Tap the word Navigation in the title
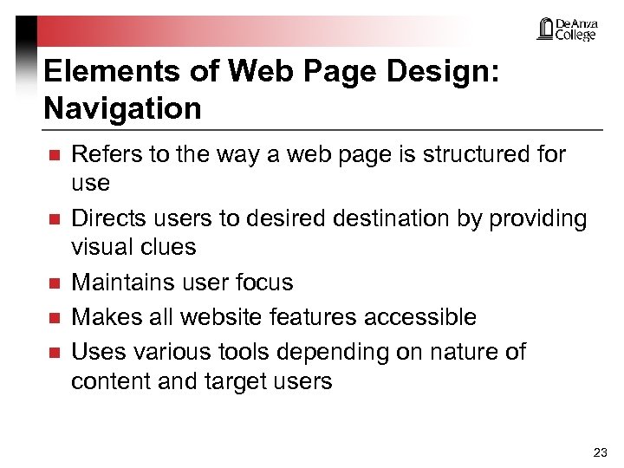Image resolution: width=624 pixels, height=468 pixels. [x=122, y=108]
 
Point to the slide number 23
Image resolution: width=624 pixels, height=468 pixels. [x=600, y=452]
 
